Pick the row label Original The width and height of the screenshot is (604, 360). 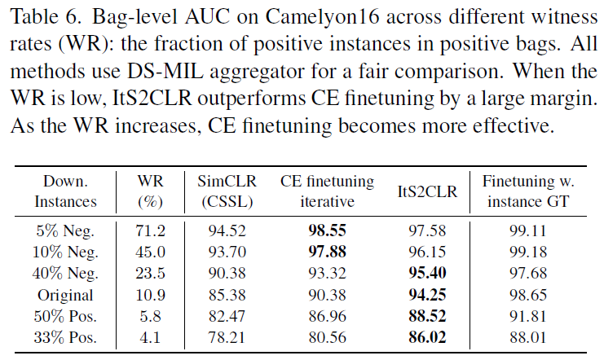69,295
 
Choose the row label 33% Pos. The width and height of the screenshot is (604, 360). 69,337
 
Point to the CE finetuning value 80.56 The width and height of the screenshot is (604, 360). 327,337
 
